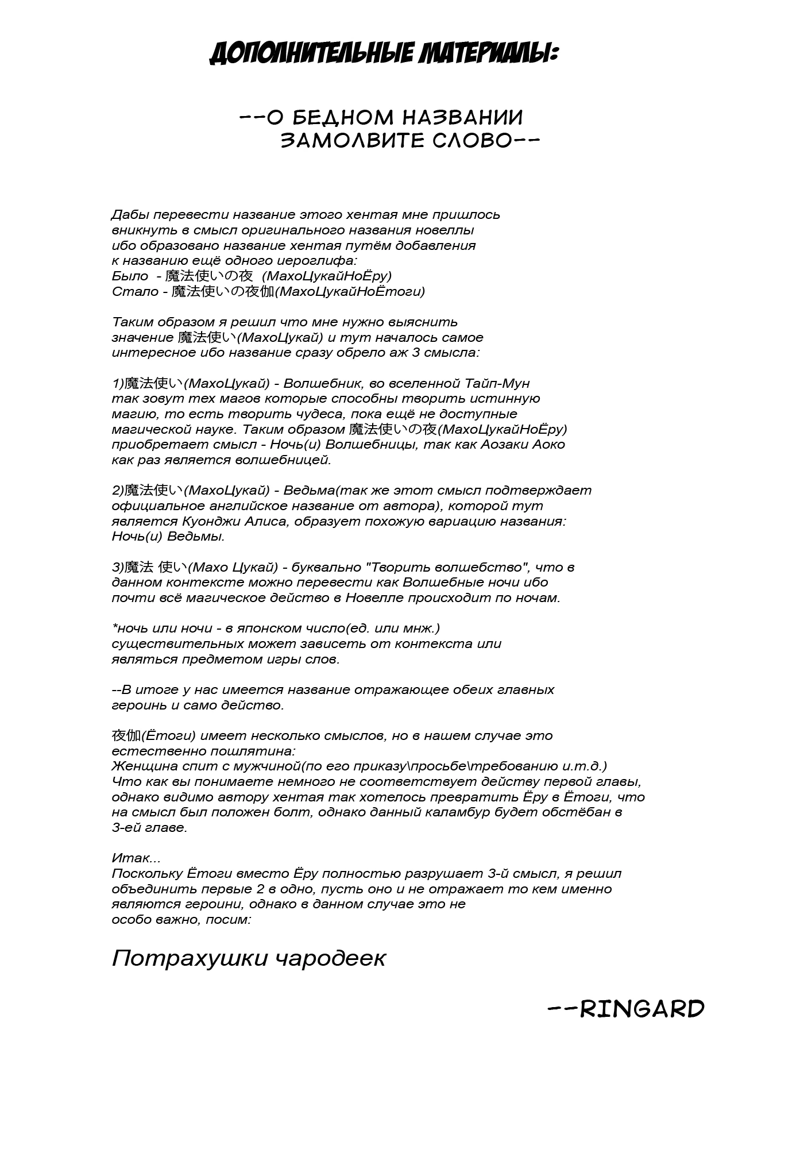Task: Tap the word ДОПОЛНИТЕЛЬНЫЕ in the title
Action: (x=312, y=54)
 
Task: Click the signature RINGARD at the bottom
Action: (x=642, y=1008)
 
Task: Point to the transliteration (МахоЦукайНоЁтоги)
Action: (x=351, y=291)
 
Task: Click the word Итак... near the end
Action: (x=136, y=858)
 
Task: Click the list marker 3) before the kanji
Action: (x=118, y=568)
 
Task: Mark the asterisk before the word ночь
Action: (x=114, y=627)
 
